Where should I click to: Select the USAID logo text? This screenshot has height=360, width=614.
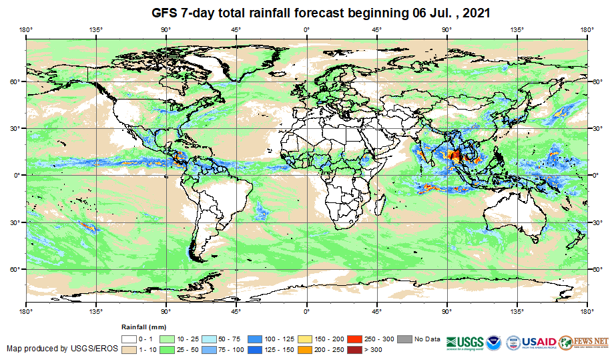coord(538,340)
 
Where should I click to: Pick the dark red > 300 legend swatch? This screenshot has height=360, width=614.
coord(357,349)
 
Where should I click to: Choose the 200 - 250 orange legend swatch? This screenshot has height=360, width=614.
coord(306,349)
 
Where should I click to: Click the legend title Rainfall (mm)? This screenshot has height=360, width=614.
coord(143,327)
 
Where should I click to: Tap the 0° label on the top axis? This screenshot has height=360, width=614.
coord(306,29)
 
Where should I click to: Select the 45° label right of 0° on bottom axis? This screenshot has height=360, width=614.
coord(376,311)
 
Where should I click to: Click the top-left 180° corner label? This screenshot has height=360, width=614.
coord(26,29)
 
